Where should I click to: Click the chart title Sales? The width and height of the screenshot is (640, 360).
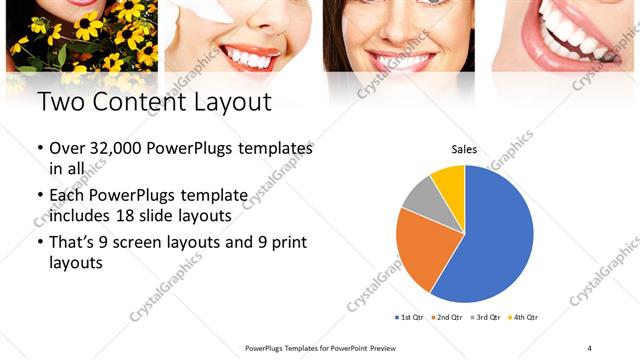click(x=464, y=149)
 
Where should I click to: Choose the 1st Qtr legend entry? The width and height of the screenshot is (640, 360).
click(x=411, y=317)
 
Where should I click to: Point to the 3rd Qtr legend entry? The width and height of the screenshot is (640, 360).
click(x=487, y=317)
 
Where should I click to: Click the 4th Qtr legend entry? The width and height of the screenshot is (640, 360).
click(x=525, y=317)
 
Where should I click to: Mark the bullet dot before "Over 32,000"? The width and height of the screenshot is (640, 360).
click(x=40, y=148)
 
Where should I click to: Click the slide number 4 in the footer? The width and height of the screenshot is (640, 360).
click(x=589, y=348)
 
